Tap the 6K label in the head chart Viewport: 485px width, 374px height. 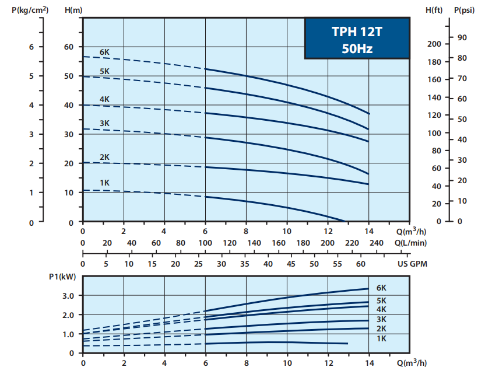104,53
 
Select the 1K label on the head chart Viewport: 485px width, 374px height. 104,183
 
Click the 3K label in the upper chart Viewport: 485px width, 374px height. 104,123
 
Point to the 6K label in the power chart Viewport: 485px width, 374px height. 382,288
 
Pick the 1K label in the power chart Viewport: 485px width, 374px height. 382,338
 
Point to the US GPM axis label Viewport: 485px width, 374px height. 412,264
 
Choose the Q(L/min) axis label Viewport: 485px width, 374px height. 410,243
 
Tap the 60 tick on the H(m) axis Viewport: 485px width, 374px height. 69,47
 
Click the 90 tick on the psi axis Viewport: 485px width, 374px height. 462,37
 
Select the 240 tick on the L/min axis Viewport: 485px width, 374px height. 376,243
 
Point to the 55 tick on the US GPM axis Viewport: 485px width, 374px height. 336,264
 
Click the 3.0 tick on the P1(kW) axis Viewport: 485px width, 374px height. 68,296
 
